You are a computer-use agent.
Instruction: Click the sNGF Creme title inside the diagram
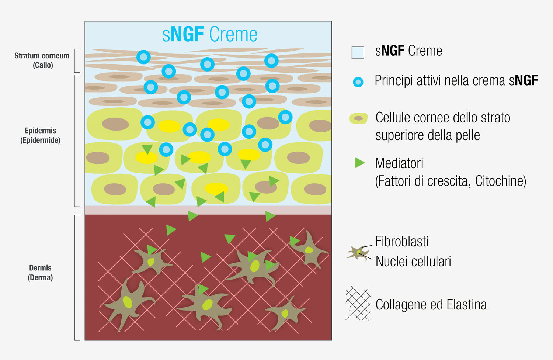pos(210,35)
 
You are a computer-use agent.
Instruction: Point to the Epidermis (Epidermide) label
pos(41,135)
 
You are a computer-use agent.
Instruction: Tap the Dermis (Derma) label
pos(40,273)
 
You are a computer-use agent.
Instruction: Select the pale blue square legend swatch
pos(358,52)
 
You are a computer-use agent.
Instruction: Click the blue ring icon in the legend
pos(358,82)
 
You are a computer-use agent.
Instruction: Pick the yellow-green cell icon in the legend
pos(358,118)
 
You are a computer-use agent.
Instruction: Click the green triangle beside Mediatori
pos(359,163)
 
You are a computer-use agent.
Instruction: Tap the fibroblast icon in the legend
pos(358,253)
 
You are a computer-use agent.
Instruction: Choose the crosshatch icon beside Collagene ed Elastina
pos(358,304)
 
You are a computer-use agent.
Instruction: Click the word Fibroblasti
pos(402,242)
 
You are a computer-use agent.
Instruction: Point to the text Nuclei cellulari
pos(413,261)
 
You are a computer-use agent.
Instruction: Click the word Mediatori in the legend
pos(399,163)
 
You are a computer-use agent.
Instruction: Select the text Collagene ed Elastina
pos(431,305)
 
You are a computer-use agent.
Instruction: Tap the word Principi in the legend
pos(394,81)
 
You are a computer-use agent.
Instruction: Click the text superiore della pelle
pos(428,135)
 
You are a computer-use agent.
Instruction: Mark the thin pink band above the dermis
pos(208,210)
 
